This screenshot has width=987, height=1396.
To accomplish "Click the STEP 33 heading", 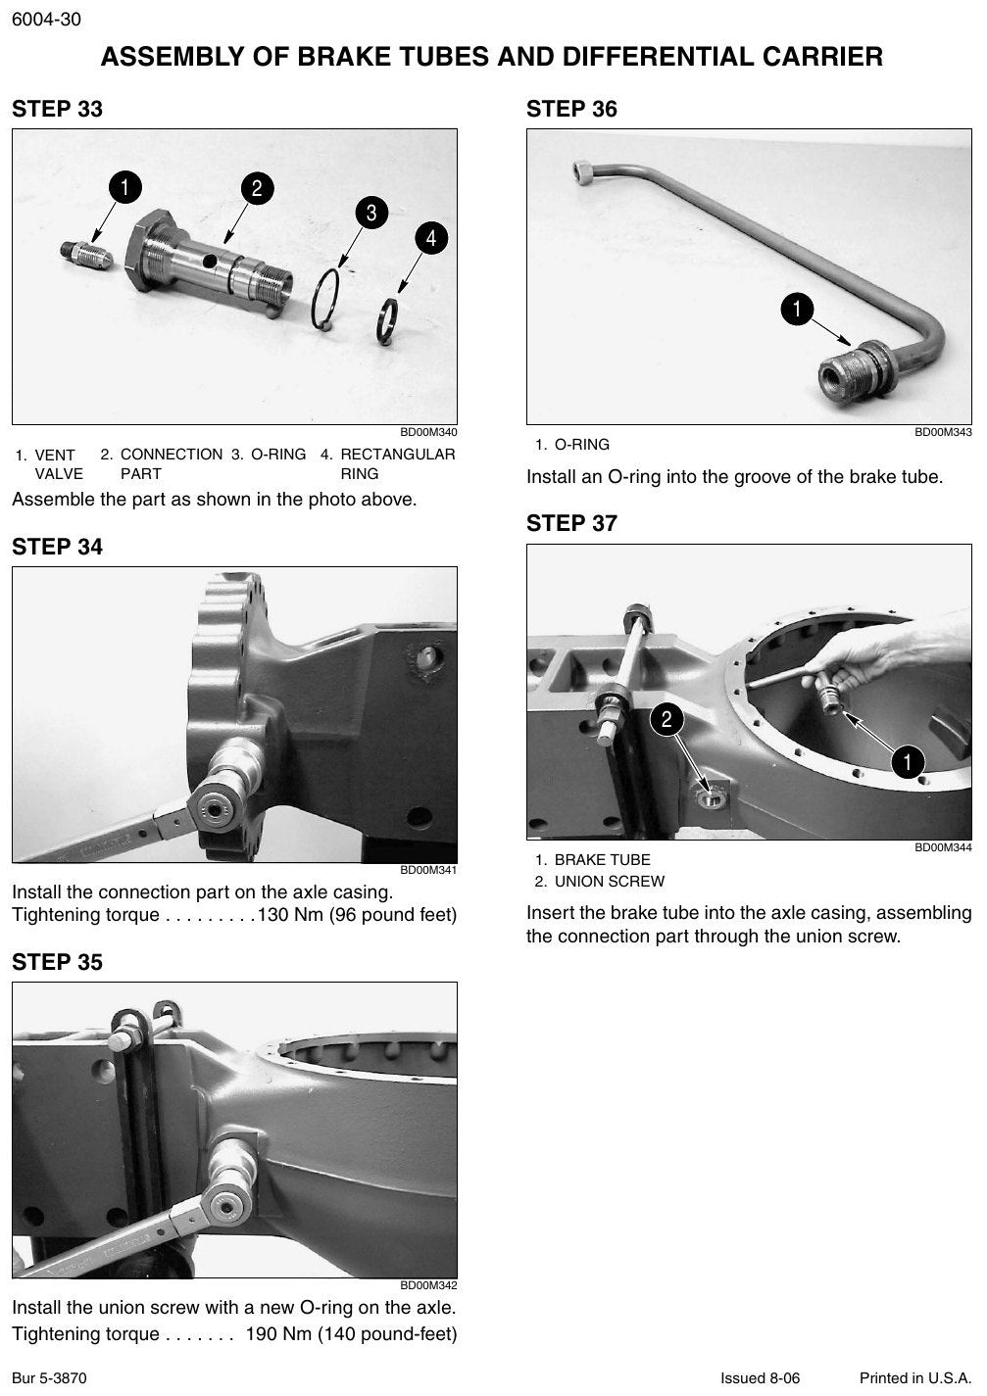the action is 58,109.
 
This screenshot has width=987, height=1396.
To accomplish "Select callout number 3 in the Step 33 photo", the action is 371,213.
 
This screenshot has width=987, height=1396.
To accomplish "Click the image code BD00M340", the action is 428,432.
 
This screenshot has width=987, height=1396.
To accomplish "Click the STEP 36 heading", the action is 571,109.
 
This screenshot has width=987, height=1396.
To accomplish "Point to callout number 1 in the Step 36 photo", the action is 797,309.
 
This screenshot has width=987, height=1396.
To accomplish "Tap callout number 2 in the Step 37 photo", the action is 666,719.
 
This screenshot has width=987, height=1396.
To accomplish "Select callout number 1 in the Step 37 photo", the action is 908,761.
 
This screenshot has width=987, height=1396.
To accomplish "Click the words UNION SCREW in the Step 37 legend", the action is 610,882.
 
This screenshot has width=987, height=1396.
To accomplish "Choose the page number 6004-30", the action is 46,20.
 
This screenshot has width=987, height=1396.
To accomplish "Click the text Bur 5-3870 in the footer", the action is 49,1377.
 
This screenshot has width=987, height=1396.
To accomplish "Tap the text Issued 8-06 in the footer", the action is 760,1377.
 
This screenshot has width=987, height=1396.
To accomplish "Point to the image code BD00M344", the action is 943,847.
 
